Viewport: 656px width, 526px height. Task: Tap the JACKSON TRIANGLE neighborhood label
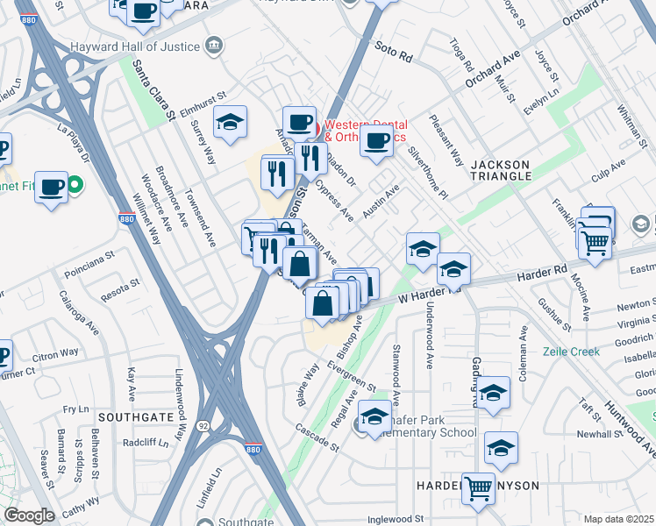pyautogui.click(x=501, y=170)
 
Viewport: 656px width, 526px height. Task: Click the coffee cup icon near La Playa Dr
pyautogui.click(x=52, y=185)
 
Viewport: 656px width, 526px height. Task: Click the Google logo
pyautogui.click(x=29, y=515)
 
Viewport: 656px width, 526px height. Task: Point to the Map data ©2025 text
pyautogui.click(x=618, y=519)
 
